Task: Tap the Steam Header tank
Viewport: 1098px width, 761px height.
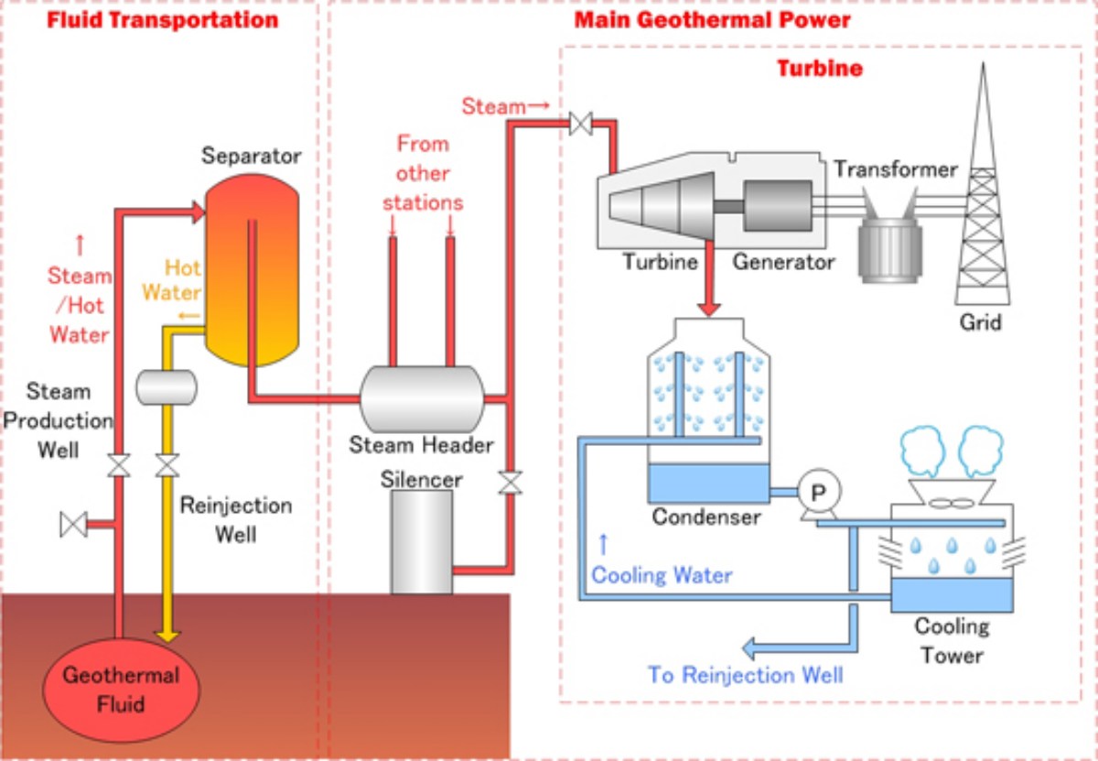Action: point(421,398)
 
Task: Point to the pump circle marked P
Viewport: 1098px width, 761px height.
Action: point(818,493)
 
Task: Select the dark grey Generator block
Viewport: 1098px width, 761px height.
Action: point(777,205)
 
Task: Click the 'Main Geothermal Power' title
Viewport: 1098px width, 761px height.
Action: point(712,19)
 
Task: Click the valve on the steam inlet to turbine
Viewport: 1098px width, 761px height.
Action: point(580,123)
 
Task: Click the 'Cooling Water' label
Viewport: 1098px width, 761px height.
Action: point(662,576)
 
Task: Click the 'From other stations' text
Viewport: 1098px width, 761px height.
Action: point(423,173)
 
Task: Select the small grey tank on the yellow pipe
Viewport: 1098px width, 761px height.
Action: point(167,387)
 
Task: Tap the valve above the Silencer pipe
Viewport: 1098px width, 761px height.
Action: point(510,482)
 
